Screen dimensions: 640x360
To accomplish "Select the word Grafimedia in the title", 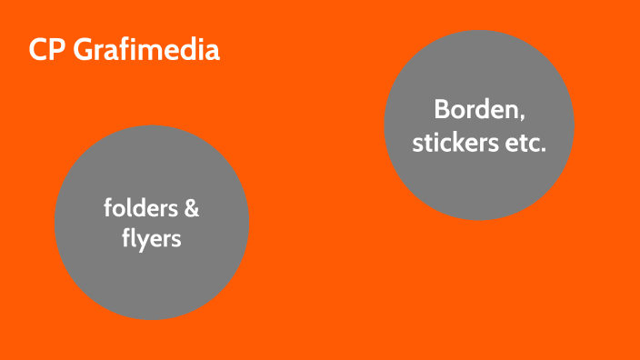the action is tap(145, 50).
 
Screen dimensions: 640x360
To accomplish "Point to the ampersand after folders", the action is tap(191, 209).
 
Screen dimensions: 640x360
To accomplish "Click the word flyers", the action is tap(152, 239).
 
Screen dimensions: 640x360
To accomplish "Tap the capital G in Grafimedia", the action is tap(81, 50).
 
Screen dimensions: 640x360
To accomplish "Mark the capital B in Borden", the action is tap(441, 111).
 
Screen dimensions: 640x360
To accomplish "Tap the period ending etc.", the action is tap(544, 149).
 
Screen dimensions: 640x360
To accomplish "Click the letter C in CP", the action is tap(37, 50).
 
